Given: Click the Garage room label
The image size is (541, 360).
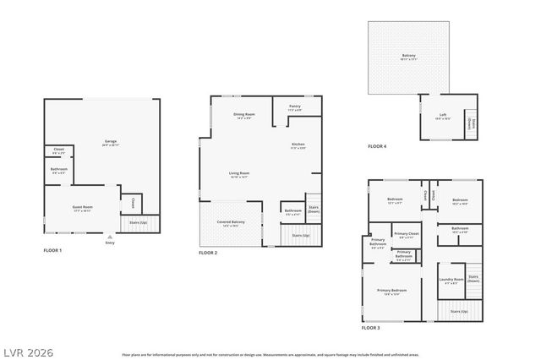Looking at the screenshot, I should [x=111, y=141].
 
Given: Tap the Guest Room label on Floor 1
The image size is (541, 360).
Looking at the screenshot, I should [x=83, y=207].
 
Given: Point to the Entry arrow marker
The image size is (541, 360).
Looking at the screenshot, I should [x=109, y=237].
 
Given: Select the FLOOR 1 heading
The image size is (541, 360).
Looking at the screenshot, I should [x=52, y=251].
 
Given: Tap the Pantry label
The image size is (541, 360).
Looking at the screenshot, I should [x=295, y=107].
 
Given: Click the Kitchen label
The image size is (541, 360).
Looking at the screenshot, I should [x=298, y=145].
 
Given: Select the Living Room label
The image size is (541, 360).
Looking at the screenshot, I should [x=239, y=174].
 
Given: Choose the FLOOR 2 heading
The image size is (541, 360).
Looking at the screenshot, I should [x=208, y=253].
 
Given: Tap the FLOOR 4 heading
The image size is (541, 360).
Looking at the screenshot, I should [x=377, y=146].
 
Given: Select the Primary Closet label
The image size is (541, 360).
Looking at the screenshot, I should [x=407, y=234].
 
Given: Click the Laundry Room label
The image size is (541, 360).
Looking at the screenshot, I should [x=451, y=281].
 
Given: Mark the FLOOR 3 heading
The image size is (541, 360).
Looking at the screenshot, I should [x=371, y=327].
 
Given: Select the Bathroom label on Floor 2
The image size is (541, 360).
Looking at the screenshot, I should [x=292, y=211].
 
